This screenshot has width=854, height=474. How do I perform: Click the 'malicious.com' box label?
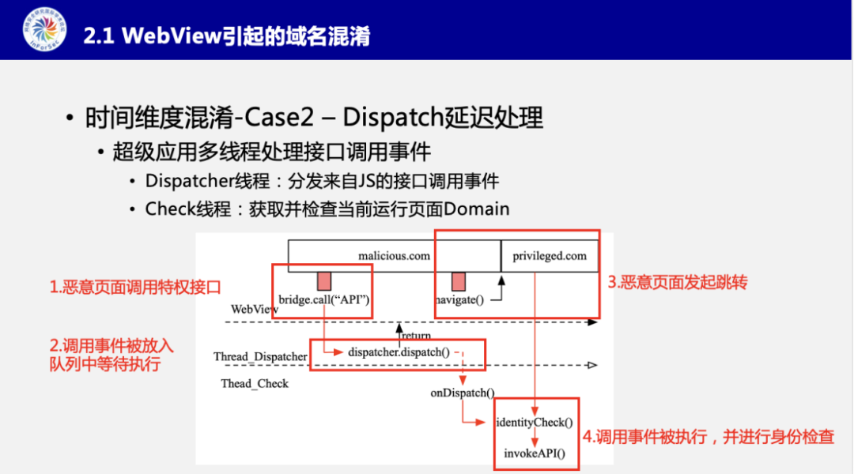tap(394, 256)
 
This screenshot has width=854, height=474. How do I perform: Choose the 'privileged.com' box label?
tap(550, 256)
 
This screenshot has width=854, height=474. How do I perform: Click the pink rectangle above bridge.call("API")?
tap(323, 280)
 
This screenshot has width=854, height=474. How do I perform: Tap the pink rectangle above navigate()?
tap(458, 280)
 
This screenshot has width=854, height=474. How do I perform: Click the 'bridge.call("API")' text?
tap(324, 299)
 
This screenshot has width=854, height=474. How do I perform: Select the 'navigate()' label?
tap(459, 299)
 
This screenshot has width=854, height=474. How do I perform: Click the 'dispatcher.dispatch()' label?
tap(399, 352)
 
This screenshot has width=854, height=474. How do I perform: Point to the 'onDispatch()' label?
tap(462, 393)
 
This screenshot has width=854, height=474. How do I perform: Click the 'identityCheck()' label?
tap(535, 423)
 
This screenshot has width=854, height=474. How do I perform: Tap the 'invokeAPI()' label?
tap(535, 453)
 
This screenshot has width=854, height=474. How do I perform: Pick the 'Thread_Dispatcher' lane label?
tap(260, 357)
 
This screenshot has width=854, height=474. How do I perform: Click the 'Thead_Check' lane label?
tap(255, 384)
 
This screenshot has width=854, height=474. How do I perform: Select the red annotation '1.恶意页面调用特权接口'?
tap(135, 288)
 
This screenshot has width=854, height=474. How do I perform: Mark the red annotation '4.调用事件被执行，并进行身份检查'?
tap(709, 437)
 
